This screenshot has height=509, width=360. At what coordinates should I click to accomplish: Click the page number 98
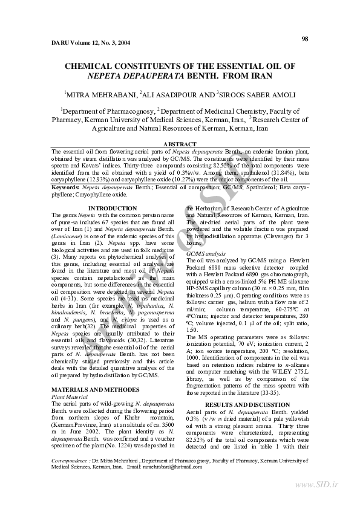coord(304,39)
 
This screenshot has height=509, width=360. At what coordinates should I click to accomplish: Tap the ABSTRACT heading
coord(180,143)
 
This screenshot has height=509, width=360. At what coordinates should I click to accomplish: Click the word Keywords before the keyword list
coord(67,187)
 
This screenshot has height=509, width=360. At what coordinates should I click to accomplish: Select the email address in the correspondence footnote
coord(171,468)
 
